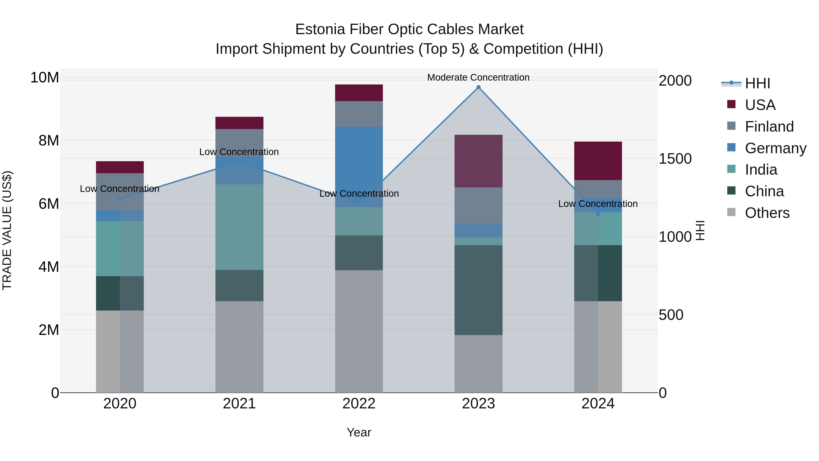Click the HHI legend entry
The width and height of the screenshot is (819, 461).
(757, 83)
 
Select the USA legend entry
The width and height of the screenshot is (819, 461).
(760, 105)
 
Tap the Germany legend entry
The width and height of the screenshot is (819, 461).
(775, 148)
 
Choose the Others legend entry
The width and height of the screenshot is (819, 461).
(767, 213)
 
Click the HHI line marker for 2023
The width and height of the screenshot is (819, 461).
(478, 87)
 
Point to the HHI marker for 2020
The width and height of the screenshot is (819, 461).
(120, 199)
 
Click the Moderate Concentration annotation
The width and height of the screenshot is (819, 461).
(478, 77)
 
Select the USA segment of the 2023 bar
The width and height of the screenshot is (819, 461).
(478, 161)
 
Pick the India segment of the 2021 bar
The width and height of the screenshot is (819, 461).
(239, 227)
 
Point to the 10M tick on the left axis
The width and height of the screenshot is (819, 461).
(45, 78)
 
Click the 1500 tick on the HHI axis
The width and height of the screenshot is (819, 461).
(675, 159)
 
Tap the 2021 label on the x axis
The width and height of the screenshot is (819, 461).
(239, 404)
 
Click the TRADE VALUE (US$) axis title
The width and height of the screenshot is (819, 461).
(7, 230)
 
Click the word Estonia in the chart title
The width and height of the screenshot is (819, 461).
(320, 29)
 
